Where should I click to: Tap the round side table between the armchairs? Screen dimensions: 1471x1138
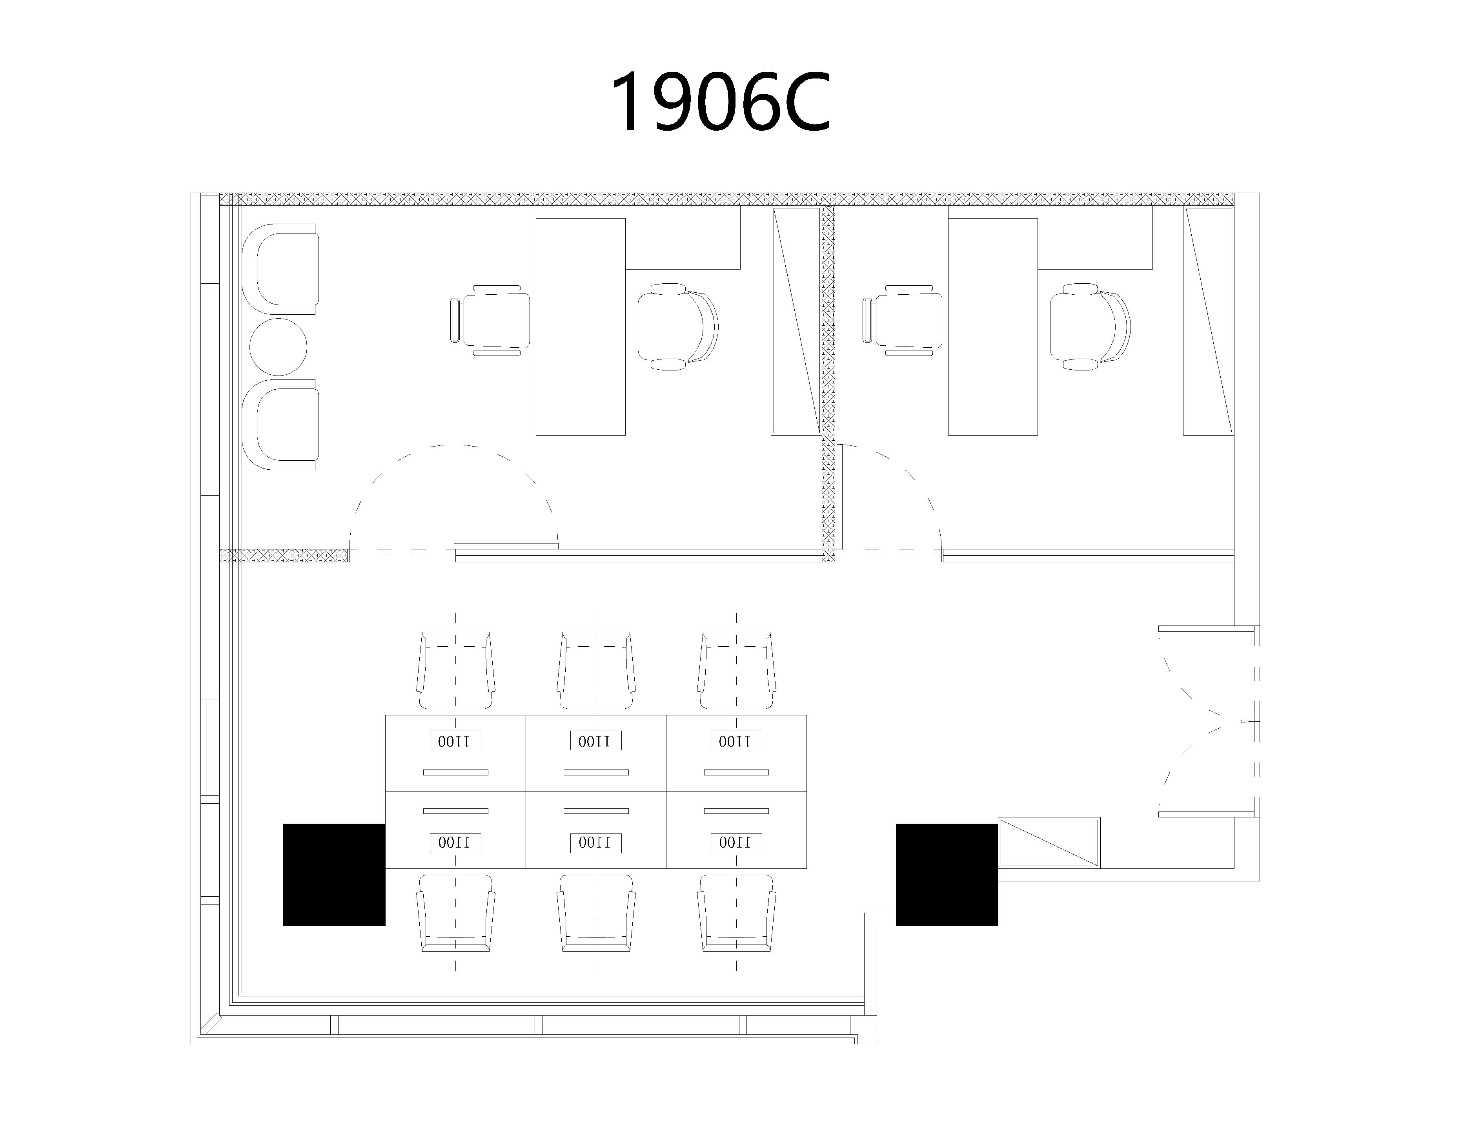point(278,347)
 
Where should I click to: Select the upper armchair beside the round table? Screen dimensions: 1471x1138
point(280,269)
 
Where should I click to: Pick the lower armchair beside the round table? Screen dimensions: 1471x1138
point(280,425)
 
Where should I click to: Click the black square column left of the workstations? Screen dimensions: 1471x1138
point(334,875)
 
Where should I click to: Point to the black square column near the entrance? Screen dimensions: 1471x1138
point(946,875)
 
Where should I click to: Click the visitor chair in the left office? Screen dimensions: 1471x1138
point(490,321)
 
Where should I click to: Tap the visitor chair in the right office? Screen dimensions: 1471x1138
point(902,321)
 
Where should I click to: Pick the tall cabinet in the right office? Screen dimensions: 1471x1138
point(1208,321)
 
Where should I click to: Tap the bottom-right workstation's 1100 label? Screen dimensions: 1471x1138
point(736,842)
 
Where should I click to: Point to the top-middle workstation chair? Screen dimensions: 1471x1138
point(596,670)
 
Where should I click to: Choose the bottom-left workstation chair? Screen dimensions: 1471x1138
point(455,913)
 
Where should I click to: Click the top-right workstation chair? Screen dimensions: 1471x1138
point(736,670)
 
